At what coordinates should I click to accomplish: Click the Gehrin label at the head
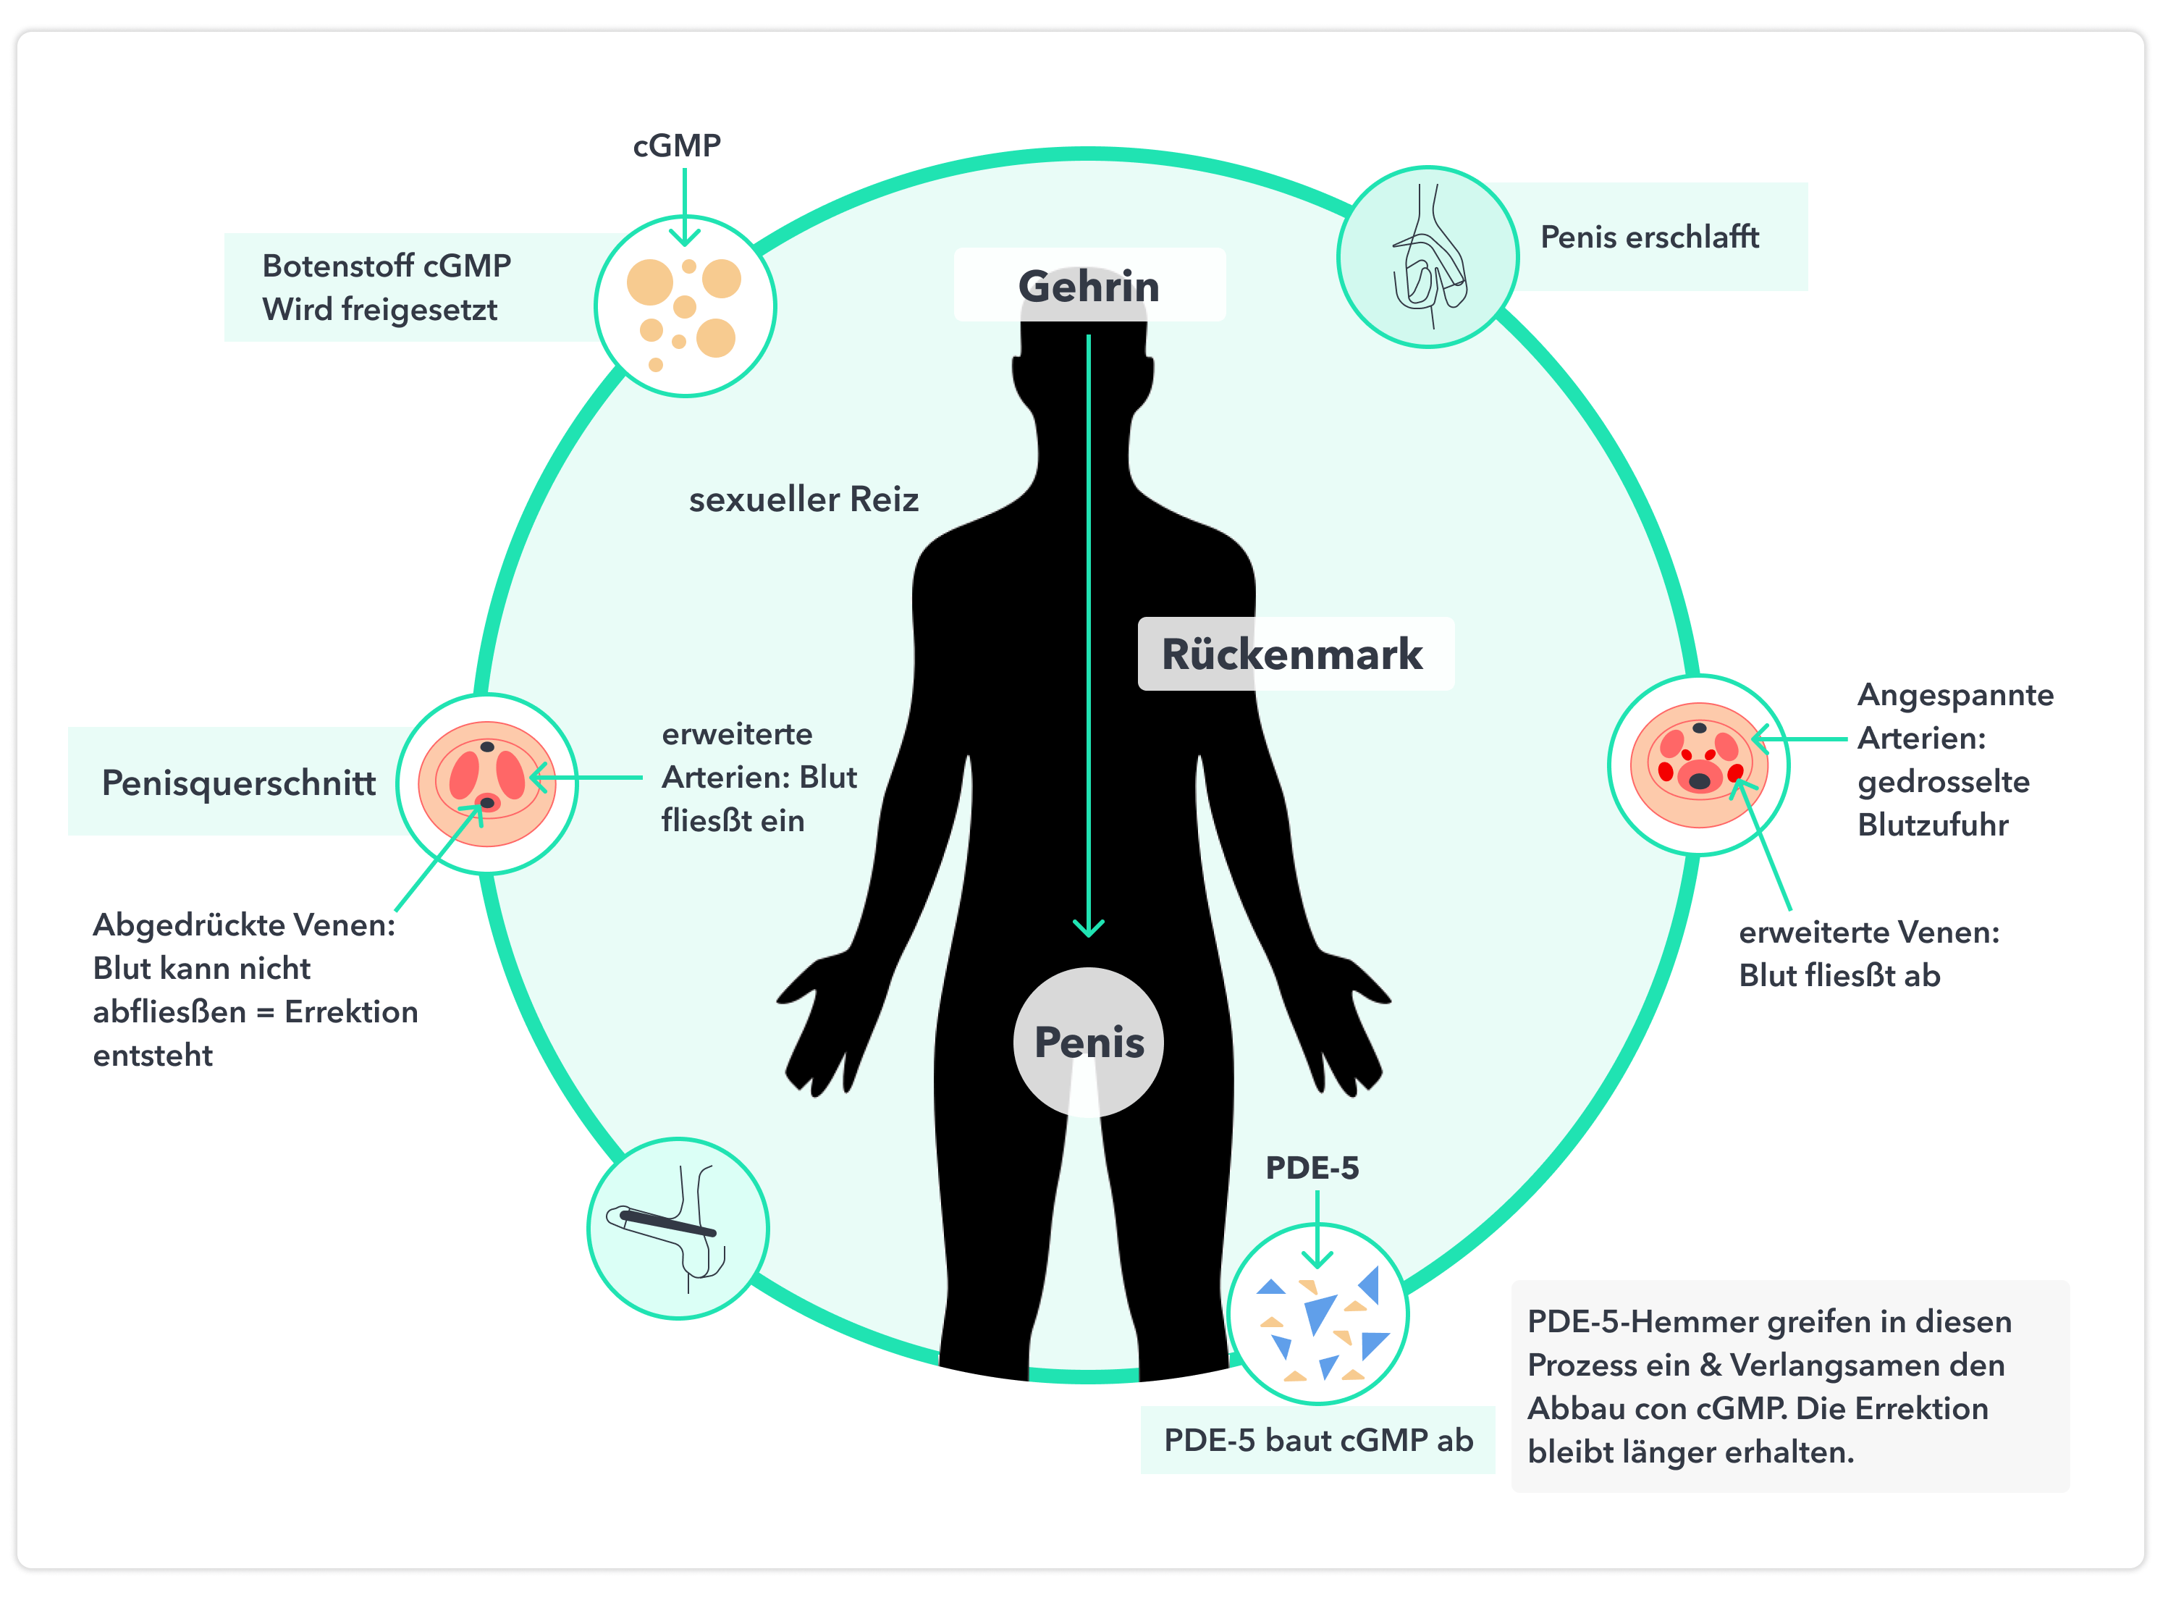pyautogui.click(x=1089, y=286)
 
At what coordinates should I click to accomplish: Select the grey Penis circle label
pyautogui.click(x=1089, y=1042)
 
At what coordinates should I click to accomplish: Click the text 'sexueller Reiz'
pyautogui.click(x=804, y=500)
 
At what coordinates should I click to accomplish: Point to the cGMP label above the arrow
pyautogui.click(x=677, y=146)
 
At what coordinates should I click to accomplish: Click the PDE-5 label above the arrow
pyautogui.click(x=1312, y=1167)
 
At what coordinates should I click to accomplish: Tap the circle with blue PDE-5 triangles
pyautogui.click(x=1317, y=1315)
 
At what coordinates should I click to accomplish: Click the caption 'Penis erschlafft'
pyautogui.click(x=1649, y=237)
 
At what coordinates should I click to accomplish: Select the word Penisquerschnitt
pyautogui.click(x=239, y=782)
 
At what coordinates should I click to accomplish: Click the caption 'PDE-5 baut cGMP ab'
pyautogui.click(x=1317, y=1440)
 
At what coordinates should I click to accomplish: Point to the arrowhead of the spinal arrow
pyautogui.click(x=1089, y=927)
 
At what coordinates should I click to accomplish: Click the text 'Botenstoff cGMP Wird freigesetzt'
pyautogui.click(x=386, y=287)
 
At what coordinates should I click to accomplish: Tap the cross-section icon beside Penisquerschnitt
pyautogui.click(x=487, y=783)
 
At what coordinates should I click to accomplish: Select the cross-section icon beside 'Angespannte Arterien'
pyautogui.click(x=1699, y=765)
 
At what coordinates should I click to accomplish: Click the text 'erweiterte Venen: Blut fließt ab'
pyautogui.click(x=1868, y=953)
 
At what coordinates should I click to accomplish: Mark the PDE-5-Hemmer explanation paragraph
pyautogui.click(x=1769, y=1386)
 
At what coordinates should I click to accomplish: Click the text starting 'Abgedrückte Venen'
pyautogui.click(x=254, y=989)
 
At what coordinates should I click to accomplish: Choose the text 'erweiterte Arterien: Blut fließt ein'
pyautogui.click(x=759, y=777)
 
